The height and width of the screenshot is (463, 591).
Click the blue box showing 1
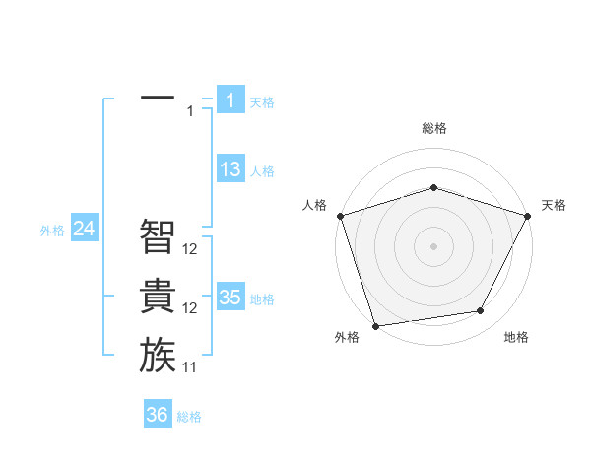click(x=230, y=99)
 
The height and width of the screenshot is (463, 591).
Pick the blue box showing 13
click(x=230, y=169)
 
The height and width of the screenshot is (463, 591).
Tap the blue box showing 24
click(x=85, y=229)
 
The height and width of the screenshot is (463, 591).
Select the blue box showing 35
click(x=230, y=298)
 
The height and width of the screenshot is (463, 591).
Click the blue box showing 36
click(x=158, y=415)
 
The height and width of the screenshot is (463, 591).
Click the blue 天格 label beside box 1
click(x=262, y=101)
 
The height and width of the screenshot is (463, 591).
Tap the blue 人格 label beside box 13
click(x=262, y=171)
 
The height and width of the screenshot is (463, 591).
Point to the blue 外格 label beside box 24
click(x=52, y=231)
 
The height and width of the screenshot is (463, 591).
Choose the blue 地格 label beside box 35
click(x=262, y=299)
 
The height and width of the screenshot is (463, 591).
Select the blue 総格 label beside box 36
click(x=189, y=417)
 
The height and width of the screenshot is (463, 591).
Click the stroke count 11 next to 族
click(x=190, y=367)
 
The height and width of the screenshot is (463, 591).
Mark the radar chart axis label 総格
click(x=433, y=128)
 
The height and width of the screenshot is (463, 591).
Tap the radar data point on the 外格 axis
click(x=375, y=325)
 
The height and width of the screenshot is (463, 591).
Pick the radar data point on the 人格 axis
click(x=340, y=216)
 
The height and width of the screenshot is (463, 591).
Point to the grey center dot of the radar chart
click(x=433, y=245)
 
